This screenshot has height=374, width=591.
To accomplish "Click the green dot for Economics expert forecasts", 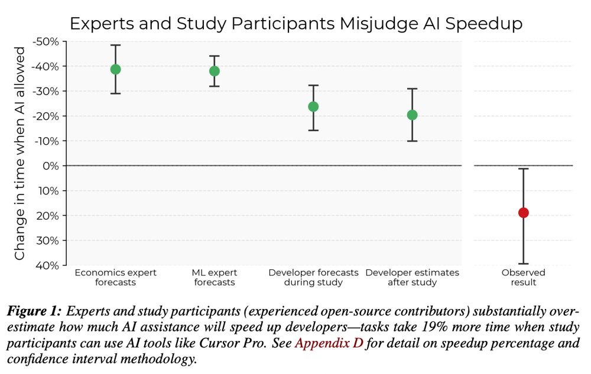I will coord(115,69).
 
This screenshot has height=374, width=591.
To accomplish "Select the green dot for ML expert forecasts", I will coord(214,71).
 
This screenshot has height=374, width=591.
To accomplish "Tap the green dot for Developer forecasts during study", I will coord(313,106).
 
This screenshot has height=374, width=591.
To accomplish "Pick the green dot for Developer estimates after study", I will coord(412,115).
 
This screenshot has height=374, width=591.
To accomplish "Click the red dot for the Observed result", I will coord(523,213).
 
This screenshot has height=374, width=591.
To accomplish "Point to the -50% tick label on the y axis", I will coord(47,41).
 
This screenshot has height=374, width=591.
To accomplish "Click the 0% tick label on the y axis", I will coord(51,166).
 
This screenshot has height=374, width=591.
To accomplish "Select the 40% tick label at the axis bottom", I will coord(49,265).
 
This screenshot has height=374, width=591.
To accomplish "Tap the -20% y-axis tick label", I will coord(47,116).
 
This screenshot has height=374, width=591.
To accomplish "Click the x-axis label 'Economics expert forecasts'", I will coord(115,277).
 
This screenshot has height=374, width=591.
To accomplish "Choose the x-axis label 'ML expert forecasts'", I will coord(214,277).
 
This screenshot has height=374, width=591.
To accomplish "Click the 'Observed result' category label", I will coord(523,277).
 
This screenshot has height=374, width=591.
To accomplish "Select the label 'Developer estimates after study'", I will coord(412,277).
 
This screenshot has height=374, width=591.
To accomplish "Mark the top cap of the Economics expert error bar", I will coord(115,45).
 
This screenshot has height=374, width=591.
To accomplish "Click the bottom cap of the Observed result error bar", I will coord(523,264).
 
